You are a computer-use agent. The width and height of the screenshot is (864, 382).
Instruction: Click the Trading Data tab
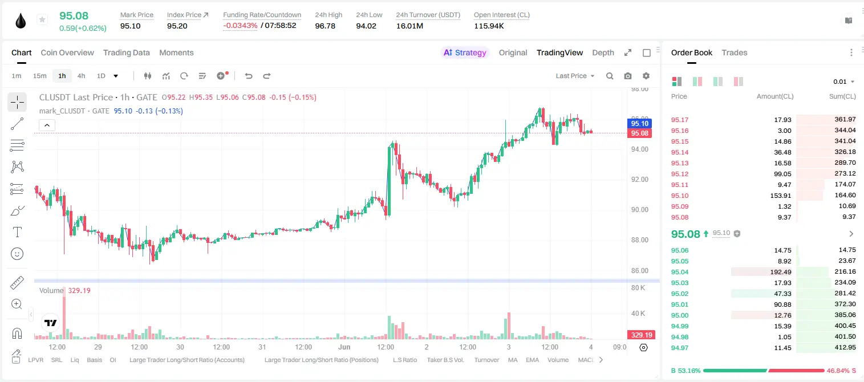tap(126, 52)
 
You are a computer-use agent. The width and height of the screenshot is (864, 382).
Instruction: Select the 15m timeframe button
tap(40, 76)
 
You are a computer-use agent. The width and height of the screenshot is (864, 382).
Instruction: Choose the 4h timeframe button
tap(81, 76)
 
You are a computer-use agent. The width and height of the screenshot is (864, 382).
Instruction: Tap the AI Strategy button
tap(465, 52)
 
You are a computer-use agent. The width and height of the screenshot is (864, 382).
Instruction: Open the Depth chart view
tap(603, 52)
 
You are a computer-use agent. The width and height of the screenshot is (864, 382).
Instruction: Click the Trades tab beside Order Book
tap(735, 52)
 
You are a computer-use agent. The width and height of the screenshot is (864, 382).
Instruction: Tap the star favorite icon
tap(42, 19)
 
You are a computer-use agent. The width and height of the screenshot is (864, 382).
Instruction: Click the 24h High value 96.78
tap(325, 26)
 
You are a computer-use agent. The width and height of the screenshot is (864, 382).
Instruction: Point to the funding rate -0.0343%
tap(240, 26)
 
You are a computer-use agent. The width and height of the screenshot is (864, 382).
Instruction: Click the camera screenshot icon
tap(628, 76)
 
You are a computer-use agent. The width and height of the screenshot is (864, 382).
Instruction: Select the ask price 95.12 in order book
tap(680, 174)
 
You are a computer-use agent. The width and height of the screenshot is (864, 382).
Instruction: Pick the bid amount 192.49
tap(780, 272)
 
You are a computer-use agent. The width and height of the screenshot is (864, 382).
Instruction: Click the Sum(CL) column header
tap(842, 96)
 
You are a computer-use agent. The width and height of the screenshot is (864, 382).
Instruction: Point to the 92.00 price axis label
tap(640, 179)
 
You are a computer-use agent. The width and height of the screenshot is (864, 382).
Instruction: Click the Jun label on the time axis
tap(344, 347)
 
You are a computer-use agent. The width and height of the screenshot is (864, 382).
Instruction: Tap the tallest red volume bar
tap(64, 313)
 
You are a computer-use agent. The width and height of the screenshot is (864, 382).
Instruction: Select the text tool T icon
tap(17, 232)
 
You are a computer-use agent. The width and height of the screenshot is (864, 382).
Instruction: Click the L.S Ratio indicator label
tap(404, 360)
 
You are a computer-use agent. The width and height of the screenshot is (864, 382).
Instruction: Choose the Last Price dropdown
tap(575, 76)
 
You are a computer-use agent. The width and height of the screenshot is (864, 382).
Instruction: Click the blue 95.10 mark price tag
tap(639, 123)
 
